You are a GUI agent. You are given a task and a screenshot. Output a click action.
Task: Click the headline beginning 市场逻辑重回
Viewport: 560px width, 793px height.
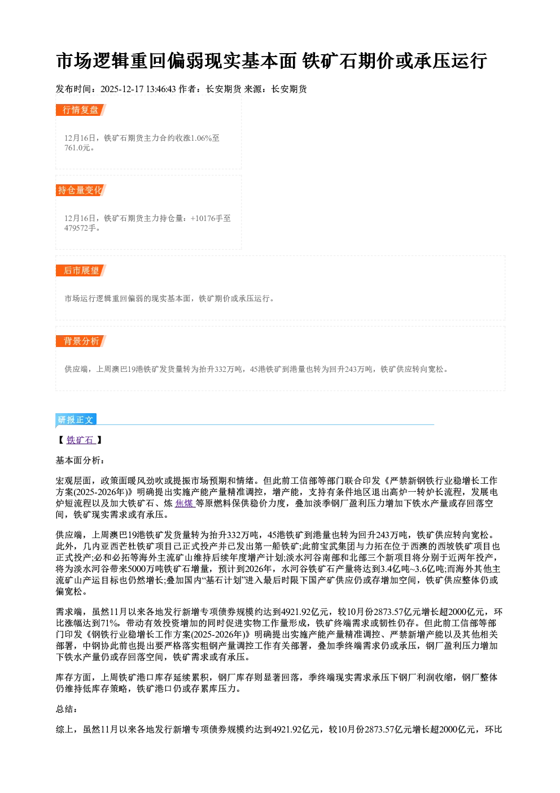[x=271, y=60]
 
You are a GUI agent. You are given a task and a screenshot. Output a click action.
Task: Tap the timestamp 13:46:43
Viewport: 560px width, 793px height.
[x=161, y=89]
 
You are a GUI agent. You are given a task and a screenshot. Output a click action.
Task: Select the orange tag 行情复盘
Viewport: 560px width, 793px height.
[x=80, y=110]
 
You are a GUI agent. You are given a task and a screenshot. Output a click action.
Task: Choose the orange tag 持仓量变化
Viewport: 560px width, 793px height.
[x=80, y=190]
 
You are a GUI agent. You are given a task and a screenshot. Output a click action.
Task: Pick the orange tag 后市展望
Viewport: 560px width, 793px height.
[x=80, y=271]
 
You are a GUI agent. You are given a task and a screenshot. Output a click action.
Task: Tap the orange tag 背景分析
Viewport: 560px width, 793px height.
[x=80, y=341]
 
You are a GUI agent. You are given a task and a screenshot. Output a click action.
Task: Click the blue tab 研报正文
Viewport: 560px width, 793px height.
[x=76, y=419]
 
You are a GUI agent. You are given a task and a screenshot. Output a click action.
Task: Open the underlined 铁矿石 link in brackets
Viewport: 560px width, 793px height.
[x=81, y=440]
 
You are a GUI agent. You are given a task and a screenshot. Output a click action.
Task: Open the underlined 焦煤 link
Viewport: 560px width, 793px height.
[x=185, y=503]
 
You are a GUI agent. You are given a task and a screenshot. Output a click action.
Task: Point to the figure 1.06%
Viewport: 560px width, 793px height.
[x=201, y=138]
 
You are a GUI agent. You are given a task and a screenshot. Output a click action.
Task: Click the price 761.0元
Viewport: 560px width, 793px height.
[x=77, y=148]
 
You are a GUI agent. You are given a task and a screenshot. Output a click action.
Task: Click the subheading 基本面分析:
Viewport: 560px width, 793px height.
[x=80, y=460]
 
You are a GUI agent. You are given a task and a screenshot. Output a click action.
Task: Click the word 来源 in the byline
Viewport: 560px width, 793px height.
[x=253, y=89]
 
